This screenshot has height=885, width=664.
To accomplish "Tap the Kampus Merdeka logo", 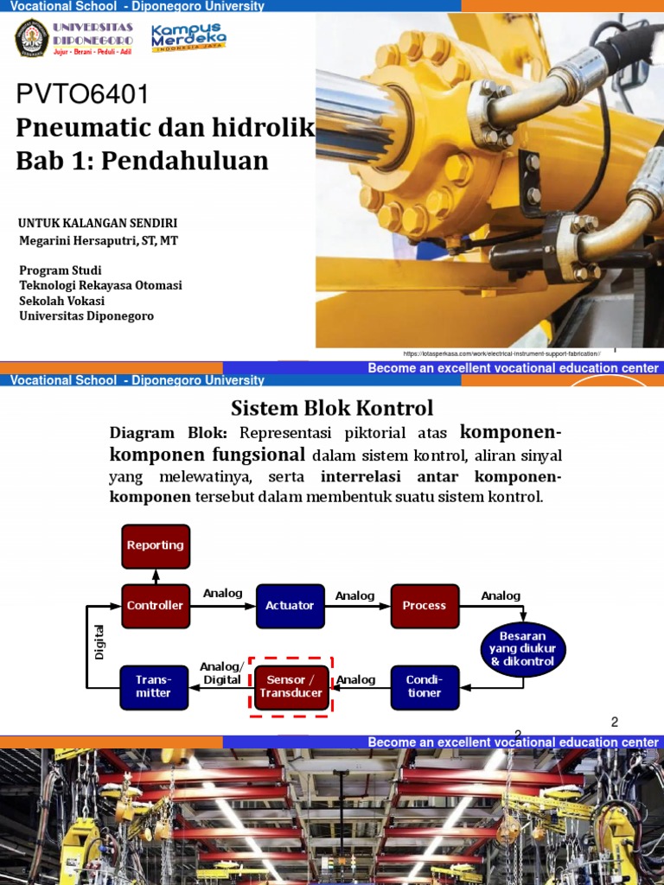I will (x=188, y=38).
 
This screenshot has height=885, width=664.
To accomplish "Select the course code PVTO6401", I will (x=83, y=93).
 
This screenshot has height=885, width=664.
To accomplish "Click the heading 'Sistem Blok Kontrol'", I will (x=332, y=407).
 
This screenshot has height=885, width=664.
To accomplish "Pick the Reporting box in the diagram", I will (x=156, y=546).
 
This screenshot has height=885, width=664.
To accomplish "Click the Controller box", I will (x=156, y=606).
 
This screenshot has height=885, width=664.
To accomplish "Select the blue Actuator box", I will (x=290, y=606).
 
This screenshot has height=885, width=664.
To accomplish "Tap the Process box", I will (x=424, y=606).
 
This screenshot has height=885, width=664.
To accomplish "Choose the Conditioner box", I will (x=424, y=686).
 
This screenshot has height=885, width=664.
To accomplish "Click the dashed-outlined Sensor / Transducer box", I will (x=290, y=686).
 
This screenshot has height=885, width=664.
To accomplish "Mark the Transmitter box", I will (x=153, y=686).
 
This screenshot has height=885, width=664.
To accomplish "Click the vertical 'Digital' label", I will (x=99, y=642).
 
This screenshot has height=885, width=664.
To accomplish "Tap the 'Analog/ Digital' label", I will (x=220, y=673).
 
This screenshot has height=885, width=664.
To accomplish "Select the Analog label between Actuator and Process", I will (x=354, y=595).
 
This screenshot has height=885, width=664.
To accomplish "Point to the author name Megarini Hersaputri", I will (x=99, y=240).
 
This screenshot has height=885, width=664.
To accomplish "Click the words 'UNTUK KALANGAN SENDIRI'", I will (x=98, y=223).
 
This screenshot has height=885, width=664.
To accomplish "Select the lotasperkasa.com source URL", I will (x=501, y=354).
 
